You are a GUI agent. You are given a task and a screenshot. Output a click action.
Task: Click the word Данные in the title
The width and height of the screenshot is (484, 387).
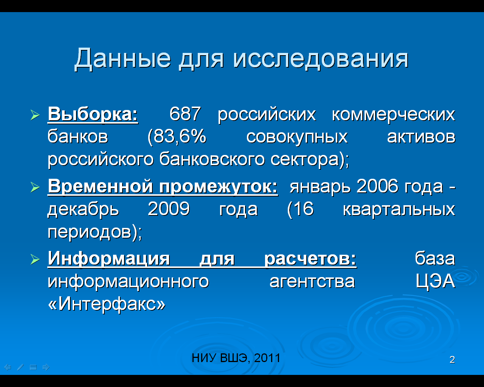point(123,59)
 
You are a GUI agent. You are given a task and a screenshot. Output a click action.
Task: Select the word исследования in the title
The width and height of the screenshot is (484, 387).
point(321,59)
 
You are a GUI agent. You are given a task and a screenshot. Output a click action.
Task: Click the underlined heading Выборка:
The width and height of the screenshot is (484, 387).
point(93,114)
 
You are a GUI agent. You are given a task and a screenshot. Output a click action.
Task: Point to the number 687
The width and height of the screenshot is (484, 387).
point(185,113)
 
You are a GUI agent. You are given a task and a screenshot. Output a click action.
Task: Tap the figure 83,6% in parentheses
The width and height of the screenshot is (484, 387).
point(177,136)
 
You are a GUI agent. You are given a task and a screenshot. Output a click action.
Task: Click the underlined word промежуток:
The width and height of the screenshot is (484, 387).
point(219,187)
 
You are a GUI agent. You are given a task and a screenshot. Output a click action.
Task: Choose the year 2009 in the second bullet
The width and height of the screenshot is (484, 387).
point(169,209)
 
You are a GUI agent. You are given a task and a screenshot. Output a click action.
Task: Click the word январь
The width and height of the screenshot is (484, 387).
point(320,187)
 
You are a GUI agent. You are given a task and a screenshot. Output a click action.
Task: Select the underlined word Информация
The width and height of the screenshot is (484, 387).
point(109,259)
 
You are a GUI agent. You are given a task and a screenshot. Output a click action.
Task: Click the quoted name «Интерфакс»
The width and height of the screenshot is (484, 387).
point(107,304)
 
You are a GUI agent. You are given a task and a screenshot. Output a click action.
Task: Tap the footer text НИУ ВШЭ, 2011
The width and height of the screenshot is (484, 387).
point(236,358)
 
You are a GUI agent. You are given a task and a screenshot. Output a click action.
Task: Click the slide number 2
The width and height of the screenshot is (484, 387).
point(452,359)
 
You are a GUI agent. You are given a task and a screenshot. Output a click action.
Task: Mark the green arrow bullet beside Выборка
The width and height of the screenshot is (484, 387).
point(35,115)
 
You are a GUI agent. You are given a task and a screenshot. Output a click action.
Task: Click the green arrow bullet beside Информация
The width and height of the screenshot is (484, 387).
point(35,260)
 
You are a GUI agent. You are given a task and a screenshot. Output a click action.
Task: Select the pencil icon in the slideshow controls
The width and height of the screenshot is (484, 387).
point(20,367)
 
